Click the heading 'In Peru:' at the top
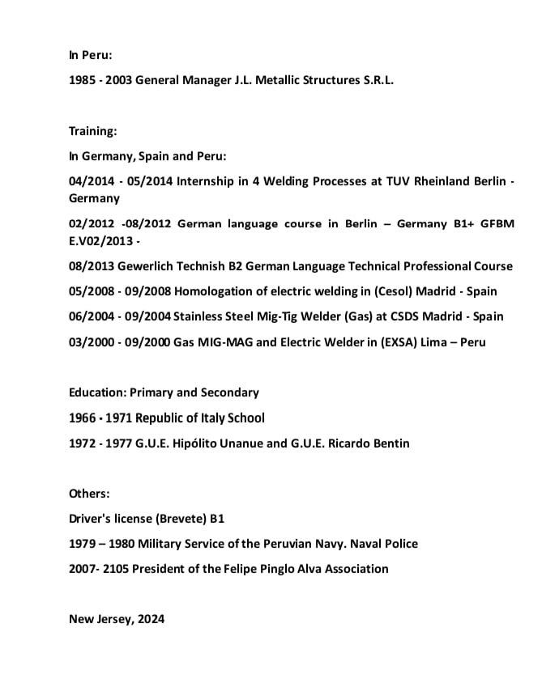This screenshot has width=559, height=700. pos(90,56)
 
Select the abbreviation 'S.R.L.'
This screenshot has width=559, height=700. pos(375,81)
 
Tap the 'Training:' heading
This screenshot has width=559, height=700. pos(93,130)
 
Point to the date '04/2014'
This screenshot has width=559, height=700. pos(92,181)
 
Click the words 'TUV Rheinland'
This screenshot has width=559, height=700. pos(426,181)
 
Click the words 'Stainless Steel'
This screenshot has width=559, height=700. pos(213,316)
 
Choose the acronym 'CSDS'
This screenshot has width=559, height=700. pos(395,316)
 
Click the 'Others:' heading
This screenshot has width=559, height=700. pos(89,493)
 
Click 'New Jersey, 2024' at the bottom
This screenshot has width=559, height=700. pos(117,619)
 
